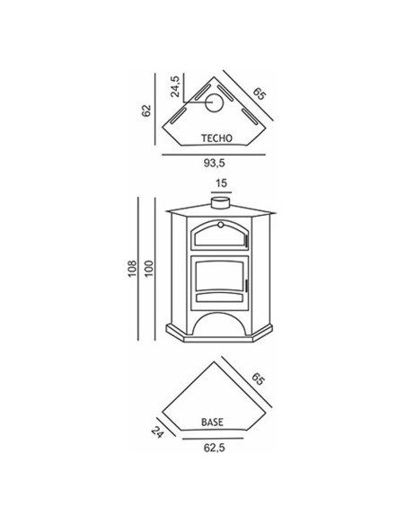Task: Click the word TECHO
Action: [x=216, y=138]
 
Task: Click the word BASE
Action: [x=212, y=423]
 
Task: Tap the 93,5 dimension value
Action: [x=215, y=163]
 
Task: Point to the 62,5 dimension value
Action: [x=215, y=448]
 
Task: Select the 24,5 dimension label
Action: [x=175, y=86]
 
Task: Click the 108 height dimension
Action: [x=133, y=268]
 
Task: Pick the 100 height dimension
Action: [x=149, y=268]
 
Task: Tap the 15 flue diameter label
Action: [x=221, y=183]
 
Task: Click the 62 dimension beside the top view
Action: [x=146, y=111]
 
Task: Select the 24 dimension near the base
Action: [x=157, y=432]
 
